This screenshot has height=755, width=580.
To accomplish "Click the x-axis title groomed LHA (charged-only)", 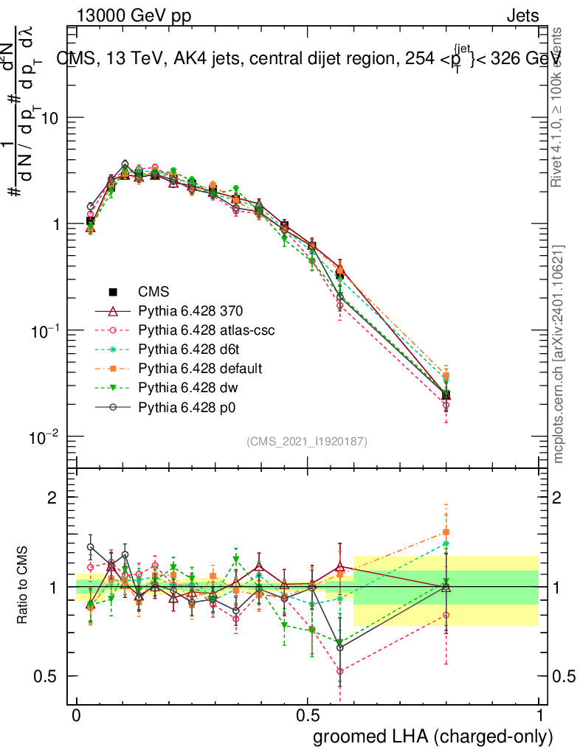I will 434,737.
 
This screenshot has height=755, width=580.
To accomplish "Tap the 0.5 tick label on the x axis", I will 307,715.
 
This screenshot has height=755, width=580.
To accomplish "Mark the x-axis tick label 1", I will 539,715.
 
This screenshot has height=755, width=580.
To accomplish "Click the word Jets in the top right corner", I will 522,16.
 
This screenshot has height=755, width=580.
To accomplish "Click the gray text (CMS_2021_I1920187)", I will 307,441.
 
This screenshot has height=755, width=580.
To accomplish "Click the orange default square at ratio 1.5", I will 446,532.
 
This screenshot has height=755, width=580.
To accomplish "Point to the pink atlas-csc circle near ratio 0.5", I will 340,671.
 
